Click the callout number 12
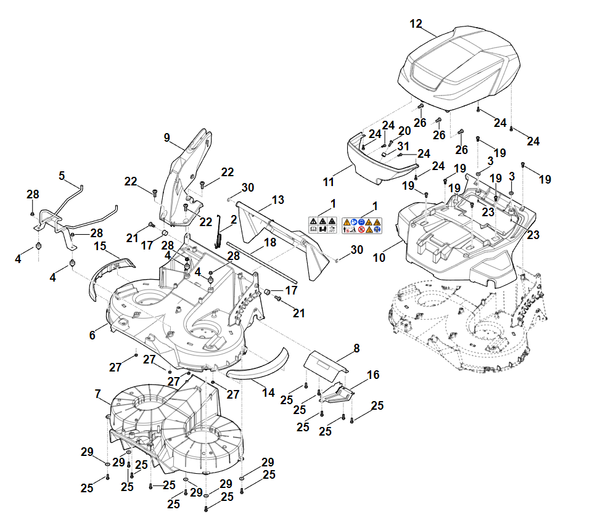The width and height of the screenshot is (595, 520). (x=416, y=24)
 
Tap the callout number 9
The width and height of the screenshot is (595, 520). (x=166, y=138)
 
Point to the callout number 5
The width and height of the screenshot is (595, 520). (x=62, y=176)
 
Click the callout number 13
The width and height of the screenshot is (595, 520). (x=278, y=200)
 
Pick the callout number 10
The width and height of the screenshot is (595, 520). (x=379, y=258)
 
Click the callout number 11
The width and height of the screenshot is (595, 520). (x=329, y=182)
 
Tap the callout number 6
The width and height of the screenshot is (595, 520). (x=92, y=335)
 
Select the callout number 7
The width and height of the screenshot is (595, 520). (x=97, y=393)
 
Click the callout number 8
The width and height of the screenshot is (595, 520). (x=356, y=348)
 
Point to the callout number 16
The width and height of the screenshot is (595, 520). (x=373, y=375)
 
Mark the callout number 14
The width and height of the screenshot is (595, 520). (x=269, y=392)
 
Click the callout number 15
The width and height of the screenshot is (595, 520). (x=101, y=246)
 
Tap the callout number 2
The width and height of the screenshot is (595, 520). (x=234, y=219)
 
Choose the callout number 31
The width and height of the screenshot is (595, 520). (x=403, y=146)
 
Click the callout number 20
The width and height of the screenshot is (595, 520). (x=404, y=131)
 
